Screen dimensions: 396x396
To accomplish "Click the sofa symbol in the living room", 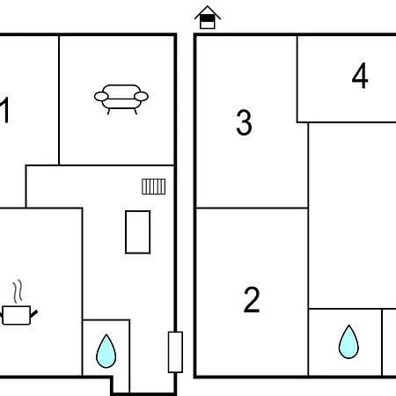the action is (x=121, y=99).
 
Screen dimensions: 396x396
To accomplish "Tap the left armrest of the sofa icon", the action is (x=101, y=96).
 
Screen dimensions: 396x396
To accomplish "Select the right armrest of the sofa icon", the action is (x=141, y=96).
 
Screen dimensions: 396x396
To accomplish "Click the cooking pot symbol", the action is (x=18, y=315).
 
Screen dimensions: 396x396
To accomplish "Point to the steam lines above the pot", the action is (x=18, y=291).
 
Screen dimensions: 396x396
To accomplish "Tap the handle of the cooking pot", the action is (x=33, y=314).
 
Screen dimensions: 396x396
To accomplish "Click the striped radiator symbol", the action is (x=154, y=187).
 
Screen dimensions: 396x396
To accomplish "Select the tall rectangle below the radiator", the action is (x=138, y=231).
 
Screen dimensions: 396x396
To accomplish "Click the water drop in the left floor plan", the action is (x=106, y=351).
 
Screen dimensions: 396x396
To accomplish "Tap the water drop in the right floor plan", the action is (x=348, y=341).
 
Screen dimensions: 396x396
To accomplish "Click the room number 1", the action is (x=5, y=110).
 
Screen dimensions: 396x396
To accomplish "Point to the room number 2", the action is (x=252, y=299).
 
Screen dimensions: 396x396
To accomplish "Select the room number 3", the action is (x=244, y=122).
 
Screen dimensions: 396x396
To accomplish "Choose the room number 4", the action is (x=360, y=76).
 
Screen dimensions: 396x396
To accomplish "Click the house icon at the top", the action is (x=208, y=18).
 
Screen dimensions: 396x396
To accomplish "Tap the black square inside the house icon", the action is (x=208, y=18).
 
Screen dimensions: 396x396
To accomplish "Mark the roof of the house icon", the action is (x=208, y=11).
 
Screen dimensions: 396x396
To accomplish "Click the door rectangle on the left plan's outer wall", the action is (x=175, y=352).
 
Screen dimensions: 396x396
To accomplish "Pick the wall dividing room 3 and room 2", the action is (x=252, y=208).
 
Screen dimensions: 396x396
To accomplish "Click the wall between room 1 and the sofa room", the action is (x=59, y=100).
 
